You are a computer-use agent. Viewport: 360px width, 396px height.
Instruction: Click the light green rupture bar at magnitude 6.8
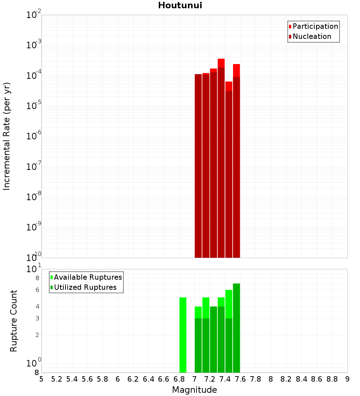(x=183, y=335)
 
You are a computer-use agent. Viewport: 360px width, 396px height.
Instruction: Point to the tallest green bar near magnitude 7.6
(x=236, y=328)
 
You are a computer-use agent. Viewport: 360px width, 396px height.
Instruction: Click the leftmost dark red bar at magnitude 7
(x=198, y=166)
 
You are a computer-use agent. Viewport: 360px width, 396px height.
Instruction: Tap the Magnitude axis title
(x=194, y=390)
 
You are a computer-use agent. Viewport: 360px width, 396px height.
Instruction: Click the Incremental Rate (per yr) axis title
(x=7, y=136)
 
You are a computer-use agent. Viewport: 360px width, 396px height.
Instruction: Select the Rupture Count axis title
(x=14, y=321)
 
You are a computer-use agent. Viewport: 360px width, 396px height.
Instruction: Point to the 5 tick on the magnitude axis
(x=41, y=379)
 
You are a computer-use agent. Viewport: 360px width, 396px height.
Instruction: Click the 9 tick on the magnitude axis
(x=347, y=379)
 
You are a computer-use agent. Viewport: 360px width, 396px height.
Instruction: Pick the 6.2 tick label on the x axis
(x=133, y=379)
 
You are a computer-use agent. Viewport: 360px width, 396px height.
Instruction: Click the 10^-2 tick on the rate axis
(x=34, y=15)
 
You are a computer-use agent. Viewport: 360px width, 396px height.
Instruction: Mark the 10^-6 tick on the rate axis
(x=34, y=136)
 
